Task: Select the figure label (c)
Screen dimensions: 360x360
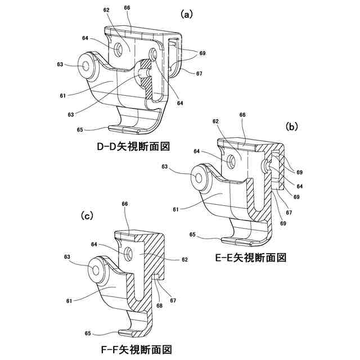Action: click(x=87, y=215)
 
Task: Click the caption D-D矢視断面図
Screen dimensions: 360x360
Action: click(x=133, y=147)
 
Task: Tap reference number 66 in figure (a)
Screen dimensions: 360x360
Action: click(x=127, y=8)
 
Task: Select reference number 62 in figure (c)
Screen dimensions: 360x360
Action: click(x=184, y=259)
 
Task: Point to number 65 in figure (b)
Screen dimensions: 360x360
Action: click(x=192, y=235)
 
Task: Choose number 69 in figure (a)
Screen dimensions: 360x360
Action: click(x=202, y=53)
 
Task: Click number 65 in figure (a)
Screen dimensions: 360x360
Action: click(x=80, y=129)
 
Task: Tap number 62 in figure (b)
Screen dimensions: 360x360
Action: click(x=215, y=121)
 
